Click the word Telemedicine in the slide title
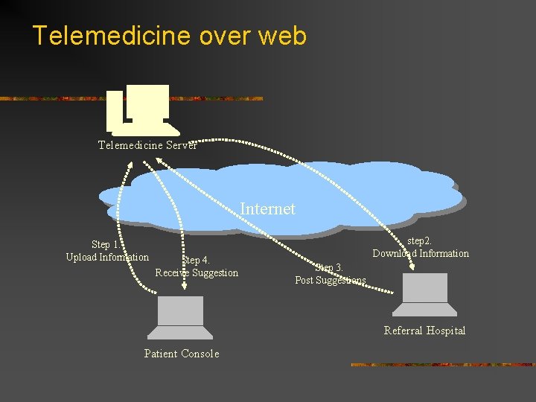[100, 36]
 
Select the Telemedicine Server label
[147, 145]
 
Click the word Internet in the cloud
[267, 209]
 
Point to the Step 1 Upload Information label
[106, 251]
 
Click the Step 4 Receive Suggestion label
[197, 267]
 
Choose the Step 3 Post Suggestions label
[330, 274]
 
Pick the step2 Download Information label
[421, 247]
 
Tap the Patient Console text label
[181, 354]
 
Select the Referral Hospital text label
[424, 331]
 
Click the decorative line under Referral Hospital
[442, 365]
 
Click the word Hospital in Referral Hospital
[446, 331]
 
